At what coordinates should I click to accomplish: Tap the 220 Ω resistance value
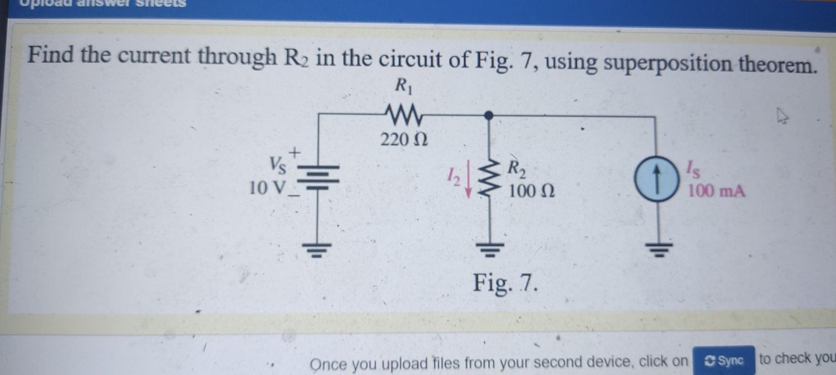404,139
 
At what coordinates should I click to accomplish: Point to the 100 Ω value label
531,191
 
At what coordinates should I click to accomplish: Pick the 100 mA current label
716,191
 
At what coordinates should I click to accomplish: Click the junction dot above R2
488,115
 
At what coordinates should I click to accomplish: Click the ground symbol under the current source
659,250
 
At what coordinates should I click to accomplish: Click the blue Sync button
723,361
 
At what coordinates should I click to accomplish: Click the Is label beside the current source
693,171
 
